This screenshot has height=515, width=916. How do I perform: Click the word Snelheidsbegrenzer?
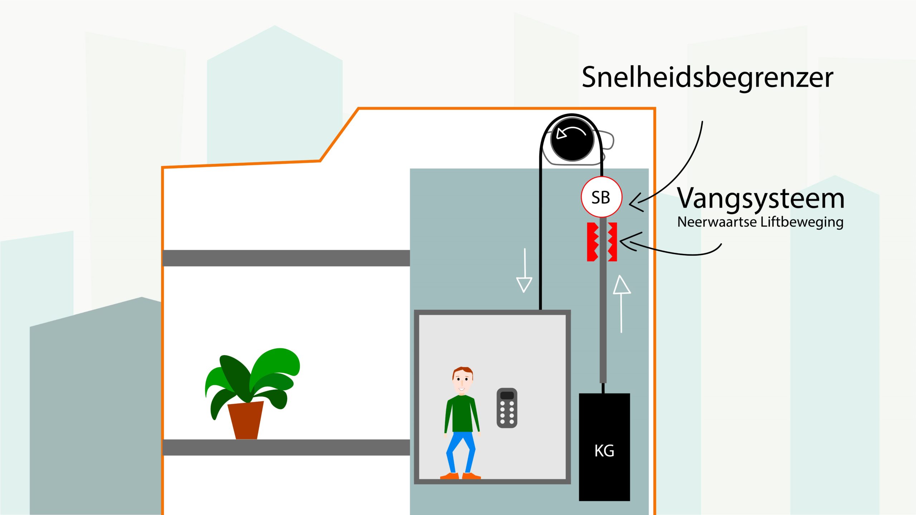[x=707, y=78]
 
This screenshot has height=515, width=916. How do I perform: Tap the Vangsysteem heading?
[x=761, y=198]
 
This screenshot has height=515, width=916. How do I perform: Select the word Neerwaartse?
[x=717, y=222]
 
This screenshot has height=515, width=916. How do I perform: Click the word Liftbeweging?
[x=802, y=222]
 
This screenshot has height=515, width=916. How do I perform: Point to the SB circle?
[x=601, y=197]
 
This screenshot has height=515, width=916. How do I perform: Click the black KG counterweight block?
[x=604, y=447]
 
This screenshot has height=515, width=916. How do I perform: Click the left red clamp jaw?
[x=592, y=242]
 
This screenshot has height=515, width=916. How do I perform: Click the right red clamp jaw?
[x=613, y=242]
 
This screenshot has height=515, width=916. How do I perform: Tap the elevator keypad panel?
[x=507, y=408]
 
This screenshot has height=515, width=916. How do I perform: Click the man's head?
[x=463, y=380]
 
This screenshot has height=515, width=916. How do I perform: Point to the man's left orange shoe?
[x=450, y=476]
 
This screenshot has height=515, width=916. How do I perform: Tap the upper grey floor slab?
[x=286, y=258]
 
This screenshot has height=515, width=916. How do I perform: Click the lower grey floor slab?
[x=286, y=447]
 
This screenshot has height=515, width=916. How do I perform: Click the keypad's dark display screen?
[x=507, y=396]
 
